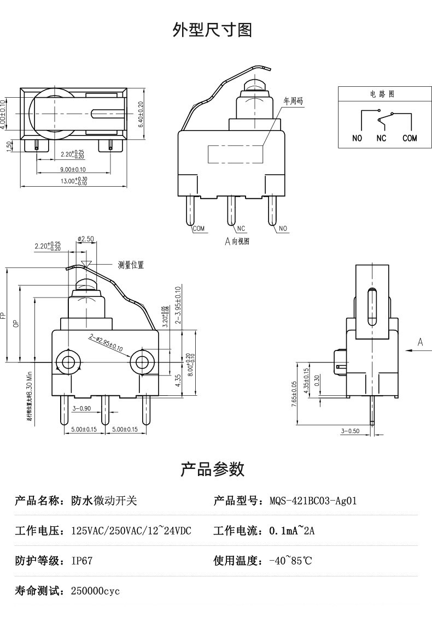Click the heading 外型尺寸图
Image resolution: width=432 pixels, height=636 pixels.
(x=213, y=30)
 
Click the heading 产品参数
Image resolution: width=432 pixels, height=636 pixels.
(x=213, y=469)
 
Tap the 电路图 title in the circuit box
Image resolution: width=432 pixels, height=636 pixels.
(x=382, y=94)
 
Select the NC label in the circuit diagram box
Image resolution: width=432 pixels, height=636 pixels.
(x=381, y=139)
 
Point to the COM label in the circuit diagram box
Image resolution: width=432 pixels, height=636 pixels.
(x=410, y=139)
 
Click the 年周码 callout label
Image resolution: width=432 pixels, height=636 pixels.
(x=293, y=101)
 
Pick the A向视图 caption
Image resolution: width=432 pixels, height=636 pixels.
(x=237, y=241)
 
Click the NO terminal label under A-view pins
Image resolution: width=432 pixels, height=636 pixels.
(x=283, y=229)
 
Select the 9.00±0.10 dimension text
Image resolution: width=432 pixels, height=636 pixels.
(x=73, y=170)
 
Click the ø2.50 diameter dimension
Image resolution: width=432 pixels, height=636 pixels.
(x=86, y=239)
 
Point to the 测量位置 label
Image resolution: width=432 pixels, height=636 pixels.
(x=131, y=265)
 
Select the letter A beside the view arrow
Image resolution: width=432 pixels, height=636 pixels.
(x=420, y=342)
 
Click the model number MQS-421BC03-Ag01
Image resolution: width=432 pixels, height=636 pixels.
(x=313, y=501)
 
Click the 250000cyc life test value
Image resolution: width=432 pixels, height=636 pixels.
(x=95, y=591)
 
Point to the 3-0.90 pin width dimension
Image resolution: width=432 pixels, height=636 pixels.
(x=81, y=408)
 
